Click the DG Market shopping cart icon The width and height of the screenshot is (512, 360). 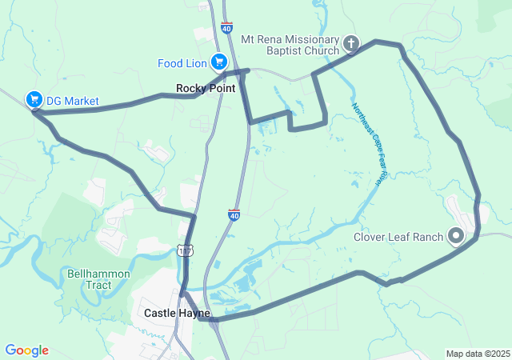34,99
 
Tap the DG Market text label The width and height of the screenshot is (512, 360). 72,101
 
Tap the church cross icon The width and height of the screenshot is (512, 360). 350,42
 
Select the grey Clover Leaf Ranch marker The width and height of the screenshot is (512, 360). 456,235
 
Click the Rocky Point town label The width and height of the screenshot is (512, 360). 206,88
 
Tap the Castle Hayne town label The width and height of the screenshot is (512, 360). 176,313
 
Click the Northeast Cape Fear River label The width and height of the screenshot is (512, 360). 366,144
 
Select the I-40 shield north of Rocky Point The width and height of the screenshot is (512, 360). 227,28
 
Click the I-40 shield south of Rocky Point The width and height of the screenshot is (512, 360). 234,214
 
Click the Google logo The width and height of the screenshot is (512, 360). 26,350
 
